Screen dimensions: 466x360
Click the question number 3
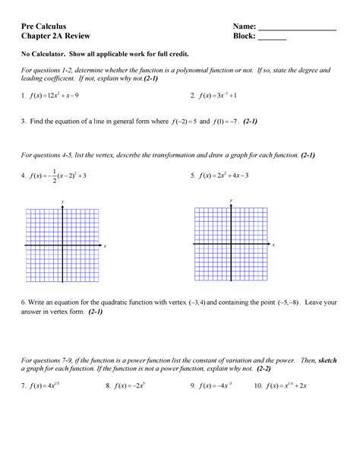pos(24,121)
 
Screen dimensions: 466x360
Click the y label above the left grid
pos(61,199)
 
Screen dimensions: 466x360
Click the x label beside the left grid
pos(105,246)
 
